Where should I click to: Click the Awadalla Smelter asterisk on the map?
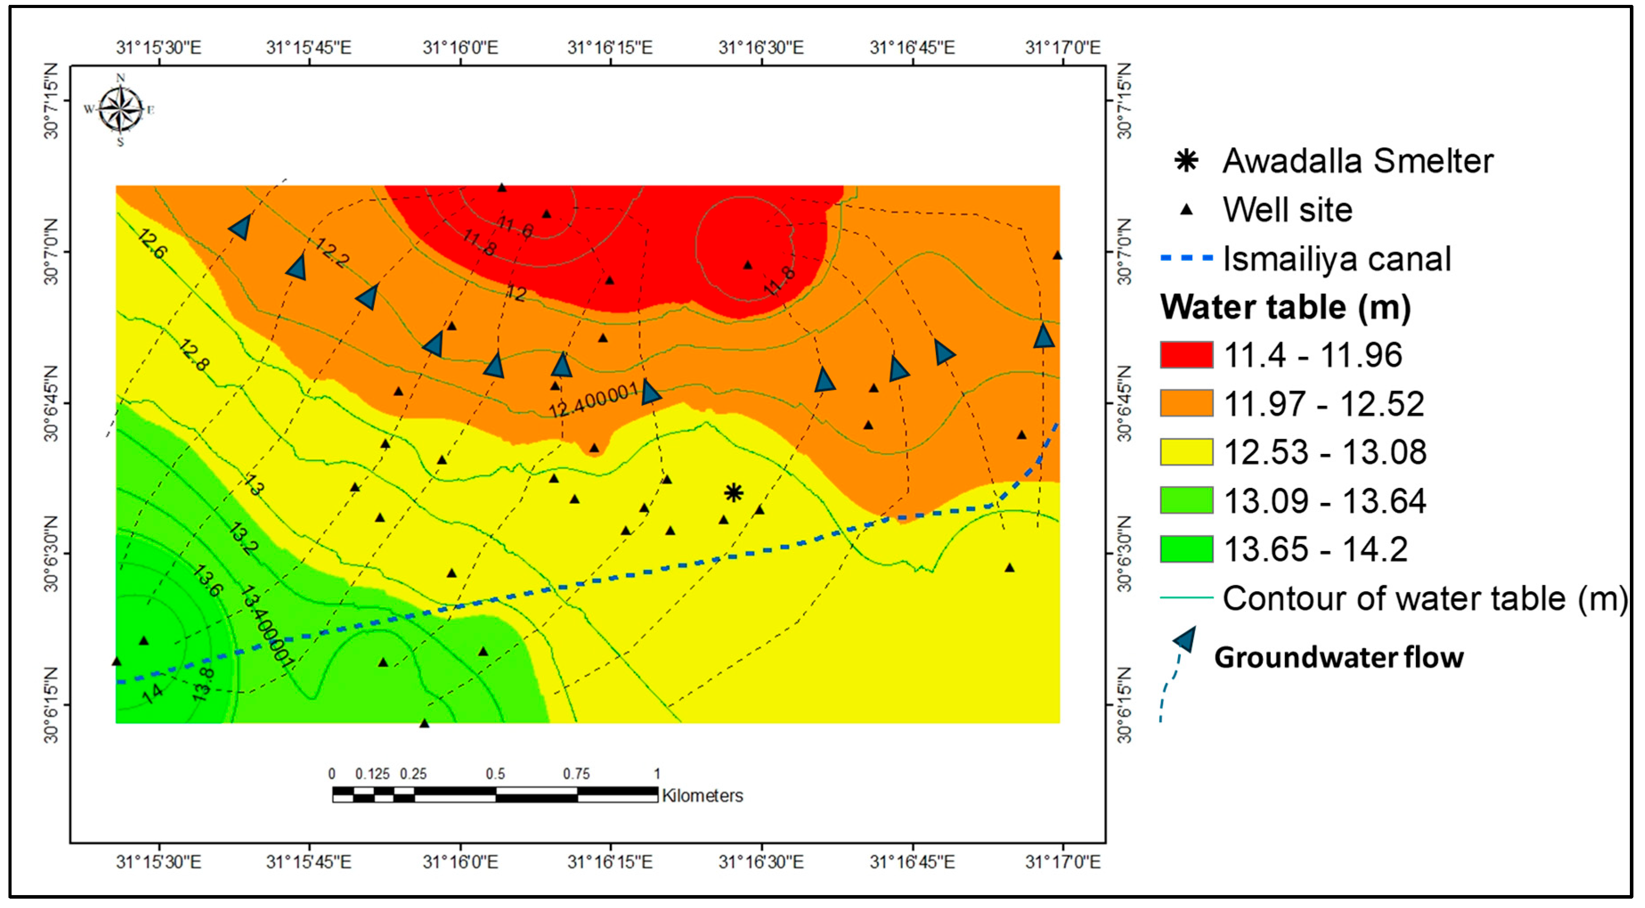tap(734, 492)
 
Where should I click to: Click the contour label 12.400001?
tap(594, 400)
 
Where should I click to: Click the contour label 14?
tap(152, 693)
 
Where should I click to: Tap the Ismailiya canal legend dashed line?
tap(1186, 258)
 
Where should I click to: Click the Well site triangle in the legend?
tap(1186, 210)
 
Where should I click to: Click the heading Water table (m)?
tap(1285, 307)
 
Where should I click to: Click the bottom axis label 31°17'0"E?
tap(1063, 862)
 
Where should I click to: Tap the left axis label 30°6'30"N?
tap(51, 554)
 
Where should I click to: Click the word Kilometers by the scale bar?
tap(703, 796)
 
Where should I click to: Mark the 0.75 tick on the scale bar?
tap(576, 774)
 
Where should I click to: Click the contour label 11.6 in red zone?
tap(515, 227)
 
